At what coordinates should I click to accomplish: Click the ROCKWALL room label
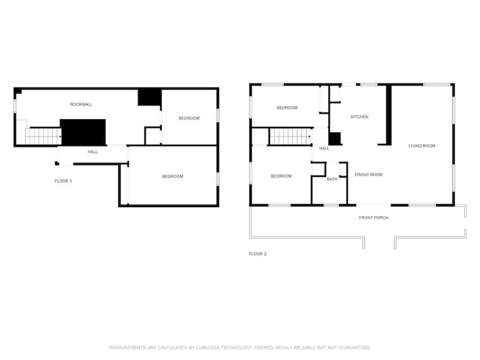[81, 104]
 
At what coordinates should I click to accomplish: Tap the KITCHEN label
[359, 116]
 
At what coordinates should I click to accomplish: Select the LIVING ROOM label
[422, 145]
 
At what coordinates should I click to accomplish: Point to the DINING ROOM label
[369, 174]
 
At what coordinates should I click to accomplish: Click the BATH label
[332, 179]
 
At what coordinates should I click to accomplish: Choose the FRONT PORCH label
[374, 218]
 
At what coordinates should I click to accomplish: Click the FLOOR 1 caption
[63, 181]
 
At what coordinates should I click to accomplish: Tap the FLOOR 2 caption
[258, 254]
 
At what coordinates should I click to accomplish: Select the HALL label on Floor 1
[93, 152]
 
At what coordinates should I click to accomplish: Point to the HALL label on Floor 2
[324, 149]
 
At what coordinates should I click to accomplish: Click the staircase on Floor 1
[43, 136]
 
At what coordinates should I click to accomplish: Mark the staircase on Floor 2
[290, 136]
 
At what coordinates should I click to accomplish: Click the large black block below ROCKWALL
[83, 132]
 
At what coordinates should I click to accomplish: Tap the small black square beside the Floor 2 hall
[335, 139]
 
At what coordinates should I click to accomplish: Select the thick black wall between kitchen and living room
[388, 114]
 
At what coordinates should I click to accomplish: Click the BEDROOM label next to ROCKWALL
[189, 118]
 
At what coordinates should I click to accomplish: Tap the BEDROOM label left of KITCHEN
[287, 108]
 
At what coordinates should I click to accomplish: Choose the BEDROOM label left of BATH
[281, 176]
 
